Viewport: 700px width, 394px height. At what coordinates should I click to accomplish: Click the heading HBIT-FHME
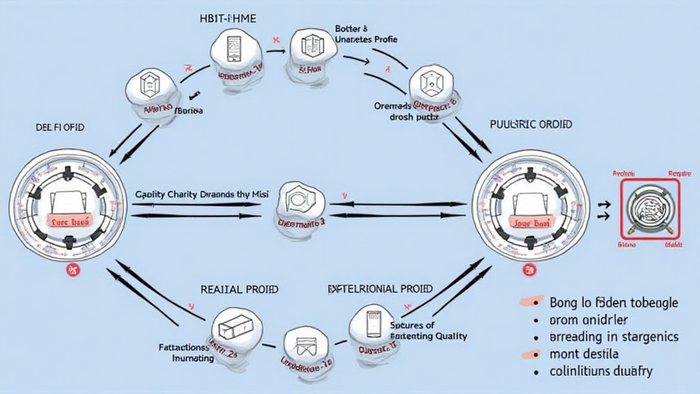(227, 18)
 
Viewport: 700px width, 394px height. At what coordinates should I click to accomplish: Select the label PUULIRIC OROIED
(531, 124)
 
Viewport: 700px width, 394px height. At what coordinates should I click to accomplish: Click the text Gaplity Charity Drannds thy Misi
(202, 194)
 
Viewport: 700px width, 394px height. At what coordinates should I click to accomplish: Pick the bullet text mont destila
(584, 354)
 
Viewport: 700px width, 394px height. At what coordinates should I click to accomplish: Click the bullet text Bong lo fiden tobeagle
(613, 302)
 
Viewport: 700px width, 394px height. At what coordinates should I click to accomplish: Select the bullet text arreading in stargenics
(614, 337)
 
